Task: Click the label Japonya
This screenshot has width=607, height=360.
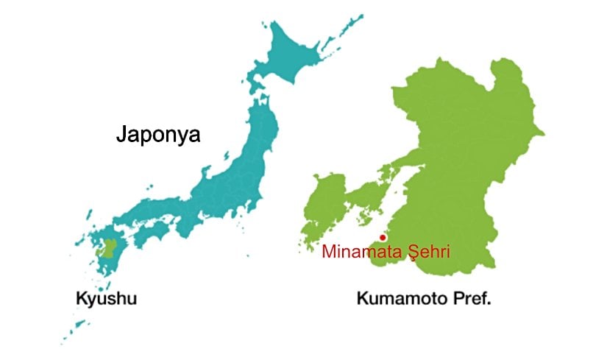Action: pos(158,135)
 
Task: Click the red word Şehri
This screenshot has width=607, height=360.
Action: pos(424,252)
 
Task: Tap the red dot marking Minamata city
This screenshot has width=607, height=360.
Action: pos(383,237)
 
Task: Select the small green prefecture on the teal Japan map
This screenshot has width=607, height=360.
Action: pos(109,249)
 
